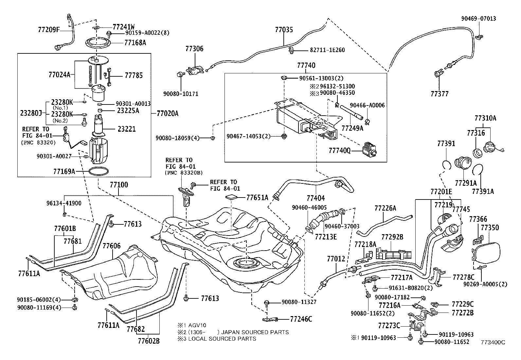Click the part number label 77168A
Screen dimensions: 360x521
135,42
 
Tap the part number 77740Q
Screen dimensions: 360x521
339,150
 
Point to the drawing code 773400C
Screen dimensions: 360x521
493,342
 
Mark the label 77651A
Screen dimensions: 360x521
257,198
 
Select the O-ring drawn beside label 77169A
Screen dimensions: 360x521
98,171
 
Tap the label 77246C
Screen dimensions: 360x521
301,319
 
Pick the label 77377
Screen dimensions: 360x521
440,94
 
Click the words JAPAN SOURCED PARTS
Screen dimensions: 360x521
257,332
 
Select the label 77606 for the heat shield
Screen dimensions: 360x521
112,246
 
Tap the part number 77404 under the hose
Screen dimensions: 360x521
316,198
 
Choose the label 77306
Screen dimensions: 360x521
194,49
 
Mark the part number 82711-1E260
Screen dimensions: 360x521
327,50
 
